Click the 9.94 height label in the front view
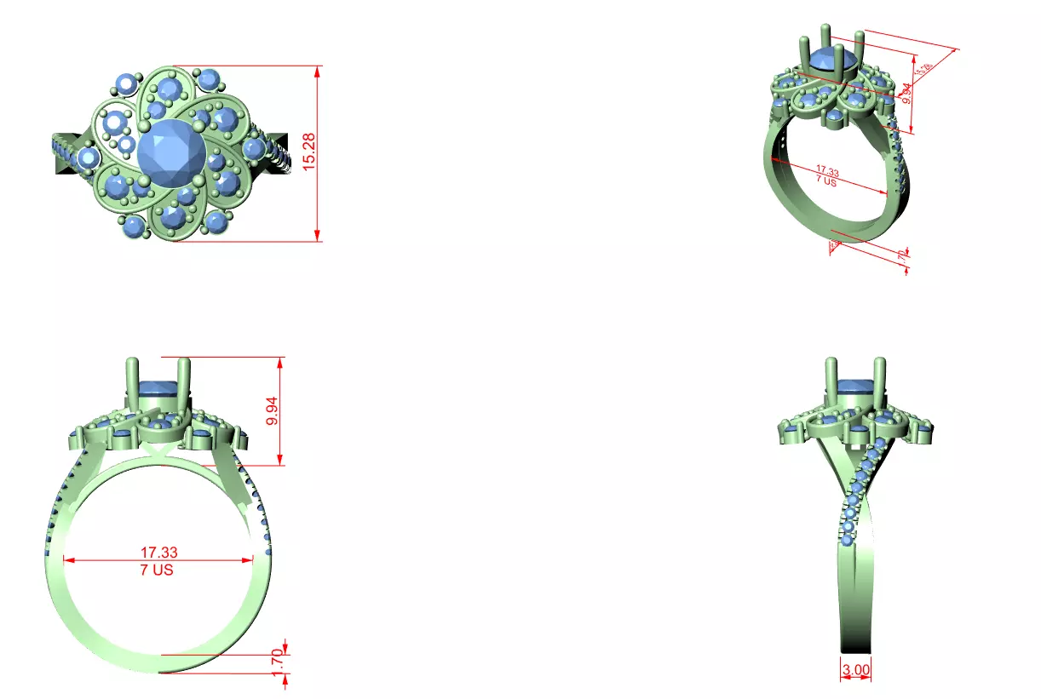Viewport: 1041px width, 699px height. pos(272,410)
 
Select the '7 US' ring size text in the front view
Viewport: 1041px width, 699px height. pos(157,570)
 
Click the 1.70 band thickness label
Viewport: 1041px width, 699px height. pos(276,664)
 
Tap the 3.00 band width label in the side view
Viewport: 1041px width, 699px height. pos(855,670)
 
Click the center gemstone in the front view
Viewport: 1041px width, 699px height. pos(158,390)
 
